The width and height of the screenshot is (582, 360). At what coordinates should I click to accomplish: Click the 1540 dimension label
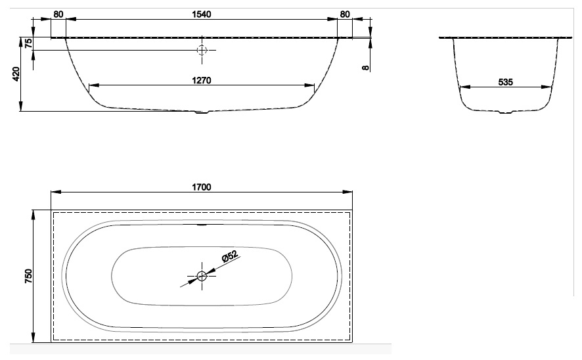pyautogui.click(x=202, y=14)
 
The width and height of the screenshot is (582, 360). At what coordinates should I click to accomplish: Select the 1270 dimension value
pyautogui.click(x=202, y=80)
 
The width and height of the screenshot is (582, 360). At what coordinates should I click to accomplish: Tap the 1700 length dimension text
pyautogui.click(x=202, y=187)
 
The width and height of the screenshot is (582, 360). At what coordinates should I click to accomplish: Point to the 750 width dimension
pyautogui.click(x=29, y=276)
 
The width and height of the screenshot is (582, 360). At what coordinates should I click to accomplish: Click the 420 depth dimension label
pyautogui.click(x=16, y=74)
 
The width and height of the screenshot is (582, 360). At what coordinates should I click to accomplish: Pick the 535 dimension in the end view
pyautogui.click(x=506, y=82)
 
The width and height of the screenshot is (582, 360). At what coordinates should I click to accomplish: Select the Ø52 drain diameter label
pyautogui.click(x=229, y=256)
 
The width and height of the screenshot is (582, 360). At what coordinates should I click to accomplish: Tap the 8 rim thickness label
pyautogui.click(x=366, y=68)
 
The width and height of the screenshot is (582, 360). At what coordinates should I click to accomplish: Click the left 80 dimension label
pyautogui.click(x=58, y=14)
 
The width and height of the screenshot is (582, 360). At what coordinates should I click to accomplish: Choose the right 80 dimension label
pyautogui.click(x=345, y=14)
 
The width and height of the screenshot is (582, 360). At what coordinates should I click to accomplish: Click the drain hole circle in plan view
pyautogui.click(x=202, y=276)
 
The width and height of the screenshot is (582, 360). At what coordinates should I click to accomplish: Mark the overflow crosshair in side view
pyautogui.click(x=202, y=50)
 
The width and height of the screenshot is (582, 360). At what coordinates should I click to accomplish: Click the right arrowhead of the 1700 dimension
pyautogui.click(x=347, y=192)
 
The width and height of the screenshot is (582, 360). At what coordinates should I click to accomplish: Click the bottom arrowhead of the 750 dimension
pyautogui.click(x=34, y=338)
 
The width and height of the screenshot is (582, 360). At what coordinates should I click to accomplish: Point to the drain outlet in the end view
pyautogui.click(x=506, y=112)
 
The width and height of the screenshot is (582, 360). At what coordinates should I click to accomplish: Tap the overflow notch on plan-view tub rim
pyautogui.click(x=202, y=225)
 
